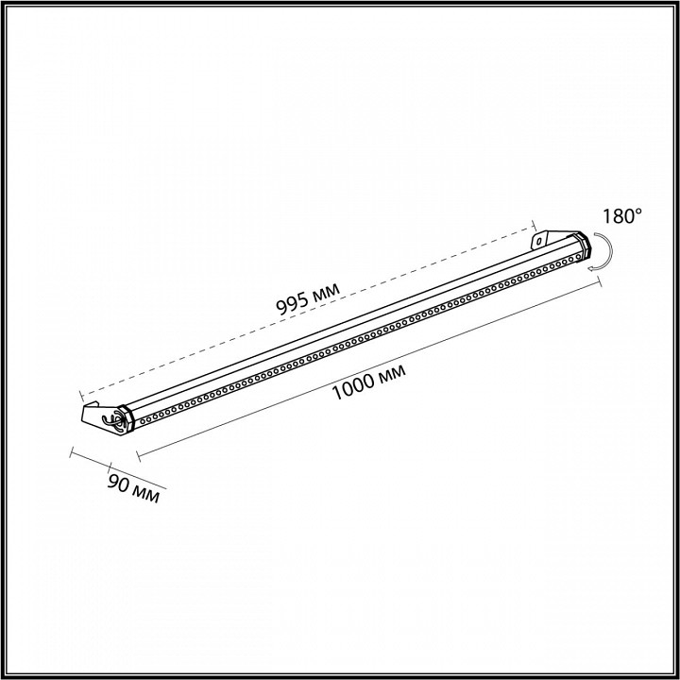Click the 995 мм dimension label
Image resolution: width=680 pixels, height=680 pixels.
(x=308, y=298)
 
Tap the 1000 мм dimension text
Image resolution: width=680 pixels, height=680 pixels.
(x=368, y=382)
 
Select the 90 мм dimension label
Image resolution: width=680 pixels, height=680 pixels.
(x=133, y=489)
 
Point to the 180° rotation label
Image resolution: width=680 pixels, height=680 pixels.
(x=621, y=215)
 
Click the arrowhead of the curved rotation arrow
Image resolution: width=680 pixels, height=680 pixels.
(x=591, y=269)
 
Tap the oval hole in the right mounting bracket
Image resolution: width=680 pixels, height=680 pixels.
(x=539, y=240)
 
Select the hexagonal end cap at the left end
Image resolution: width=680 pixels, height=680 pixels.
(x=127, y=418)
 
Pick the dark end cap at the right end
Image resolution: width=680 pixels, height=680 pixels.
(x=584, y=246)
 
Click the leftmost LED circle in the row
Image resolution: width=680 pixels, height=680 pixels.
(x=143, y=420)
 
